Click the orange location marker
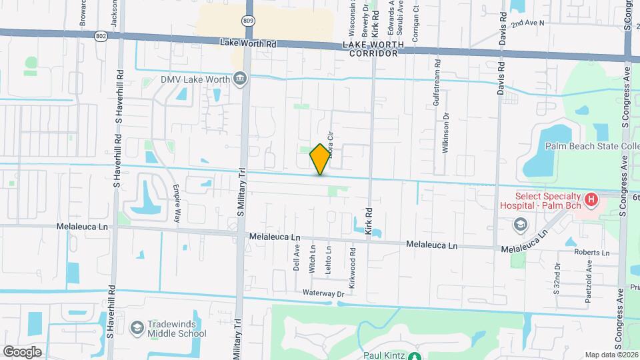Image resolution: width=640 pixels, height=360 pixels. [x=320, y=159]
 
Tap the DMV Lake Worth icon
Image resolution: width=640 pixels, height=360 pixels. [x=240, y=80]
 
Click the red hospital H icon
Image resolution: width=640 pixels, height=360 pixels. [x=590, y=199]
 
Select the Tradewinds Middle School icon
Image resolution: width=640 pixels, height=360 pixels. [x=137, y=327]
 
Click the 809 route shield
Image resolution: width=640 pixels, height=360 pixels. [x=248, y=21]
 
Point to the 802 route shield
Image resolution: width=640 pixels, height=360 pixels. [x=101, y=37]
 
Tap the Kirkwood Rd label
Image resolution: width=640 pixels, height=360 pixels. [x=353, y=261]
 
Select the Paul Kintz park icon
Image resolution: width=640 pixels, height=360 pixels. [x=415, y=356]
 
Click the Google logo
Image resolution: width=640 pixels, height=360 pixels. [x=23, y=351]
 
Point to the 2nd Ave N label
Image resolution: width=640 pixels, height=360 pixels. [x=528, y=23]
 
